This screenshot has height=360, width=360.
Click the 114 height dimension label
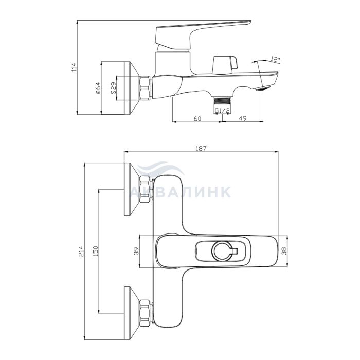(74, 67)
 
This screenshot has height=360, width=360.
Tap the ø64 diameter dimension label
(98, 88)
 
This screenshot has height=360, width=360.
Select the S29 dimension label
(113, 88)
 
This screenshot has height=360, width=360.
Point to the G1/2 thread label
(222, 111)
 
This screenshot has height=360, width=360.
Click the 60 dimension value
(197, 118)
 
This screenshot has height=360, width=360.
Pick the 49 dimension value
(243, 118)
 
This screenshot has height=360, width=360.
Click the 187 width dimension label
(201, 148)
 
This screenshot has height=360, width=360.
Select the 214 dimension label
(81, 251)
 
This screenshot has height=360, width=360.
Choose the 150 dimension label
(95, 251)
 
